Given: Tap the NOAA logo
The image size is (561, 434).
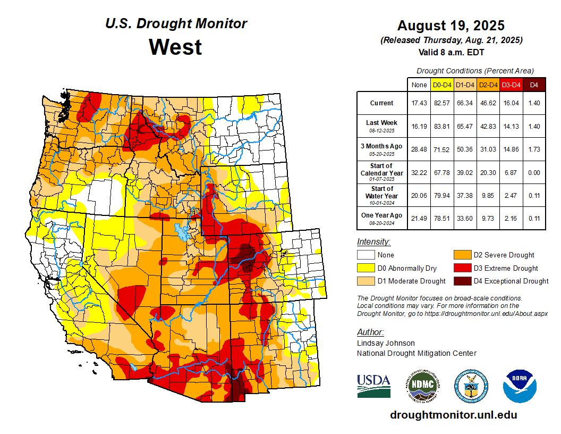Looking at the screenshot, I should (520, 386).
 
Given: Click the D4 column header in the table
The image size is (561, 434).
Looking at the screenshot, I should (534, 85).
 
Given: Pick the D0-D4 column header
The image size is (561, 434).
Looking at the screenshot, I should (442, 85).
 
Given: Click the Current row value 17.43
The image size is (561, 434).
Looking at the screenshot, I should (419, 103).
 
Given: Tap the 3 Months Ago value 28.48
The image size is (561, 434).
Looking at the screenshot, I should (419, 149).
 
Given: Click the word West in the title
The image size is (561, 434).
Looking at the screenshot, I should (175, 47).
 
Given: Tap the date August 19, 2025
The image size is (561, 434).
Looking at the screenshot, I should (450, 26).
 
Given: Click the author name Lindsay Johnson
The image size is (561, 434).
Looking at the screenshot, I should (386, 343).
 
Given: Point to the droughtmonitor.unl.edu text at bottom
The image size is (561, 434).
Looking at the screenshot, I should (453, 415).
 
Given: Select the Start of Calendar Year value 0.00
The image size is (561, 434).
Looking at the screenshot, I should (534, 172).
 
